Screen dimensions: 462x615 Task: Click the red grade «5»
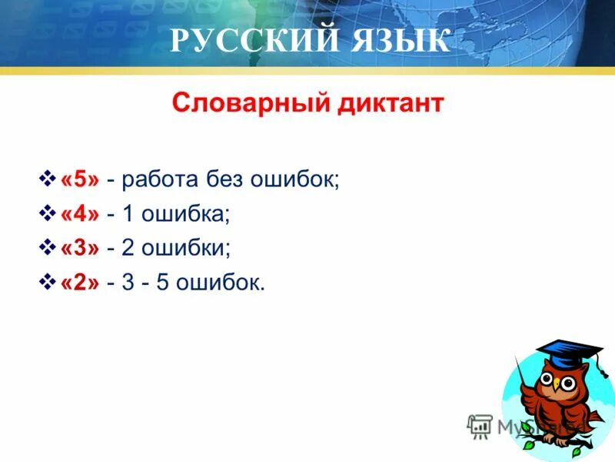coord(80,179)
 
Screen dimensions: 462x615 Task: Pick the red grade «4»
coord(80,214)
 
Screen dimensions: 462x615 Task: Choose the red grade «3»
coord(80,249)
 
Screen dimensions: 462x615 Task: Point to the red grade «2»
coord(80,283)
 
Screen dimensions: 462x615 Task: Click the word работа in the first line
coord(161,179)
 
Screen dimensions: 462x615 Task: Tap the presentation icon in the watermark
coord(480,425)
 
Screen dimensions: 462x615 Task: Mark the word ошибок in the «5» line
coord(293,179)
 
